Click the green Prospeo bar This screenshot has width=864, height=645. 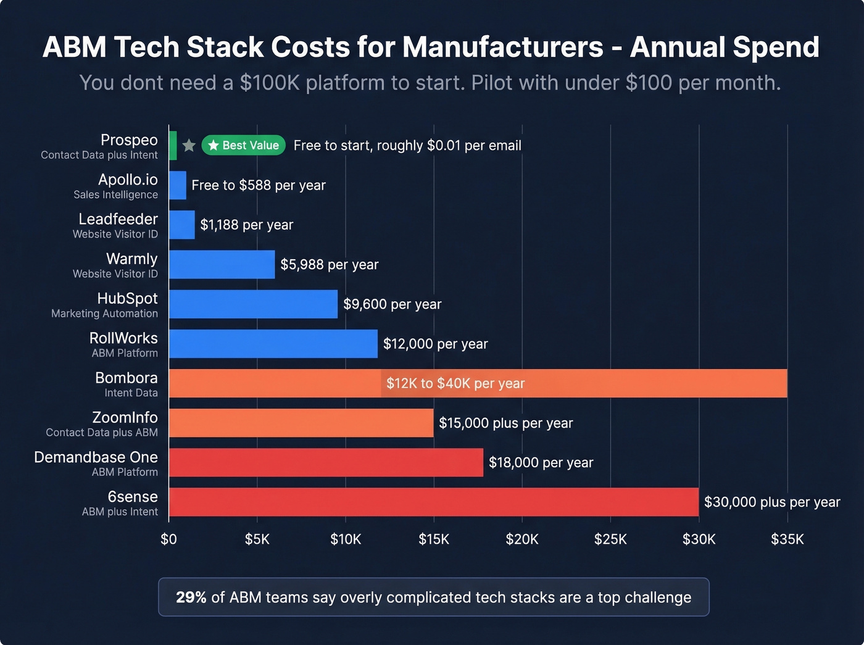click(x=173, y=146)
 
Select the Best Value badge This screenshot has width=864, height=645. click(x=243, y=146)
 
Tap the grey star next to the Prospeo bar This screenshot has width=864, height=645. click(x=189, y=146)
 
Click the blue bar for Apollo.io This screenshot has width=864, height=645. click(x=178, y=185)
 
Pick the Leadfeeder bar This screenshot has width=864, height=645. click(x=182, y=225)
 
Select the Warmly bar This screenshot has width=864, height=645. click(x=222, y=264)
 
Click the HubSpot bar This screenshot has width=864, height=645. click(x=253, y=304)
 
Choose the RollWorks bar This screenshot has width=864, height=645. click(x=273, y=344)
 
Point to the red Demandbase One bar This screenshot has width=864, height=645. click(x=326, y=462)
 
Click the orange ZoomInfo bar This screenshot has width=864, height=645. click(x=301, y=423)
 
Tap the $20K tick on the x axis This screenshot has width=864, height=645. click(x=522, y=539)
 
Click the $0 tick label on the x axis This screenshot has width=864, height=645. click(x=168, y=539)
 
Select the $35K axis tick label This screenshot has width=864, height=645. click(x=787, y=539)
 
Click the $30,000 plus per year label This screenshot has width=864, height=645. click(x=772, y=502)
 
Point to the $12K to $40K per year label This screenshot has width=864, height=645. click(x=455, y=383)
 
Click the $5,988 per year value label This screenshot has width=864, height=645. click(x=329, y=264)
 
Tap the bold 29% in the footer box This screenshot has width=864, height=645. click(x=191, y=597)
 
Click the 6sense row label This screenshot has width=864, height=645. click(x=133, y=497)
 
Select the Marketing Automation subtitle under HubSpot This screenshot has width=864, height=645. click(x=104, y=314)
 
